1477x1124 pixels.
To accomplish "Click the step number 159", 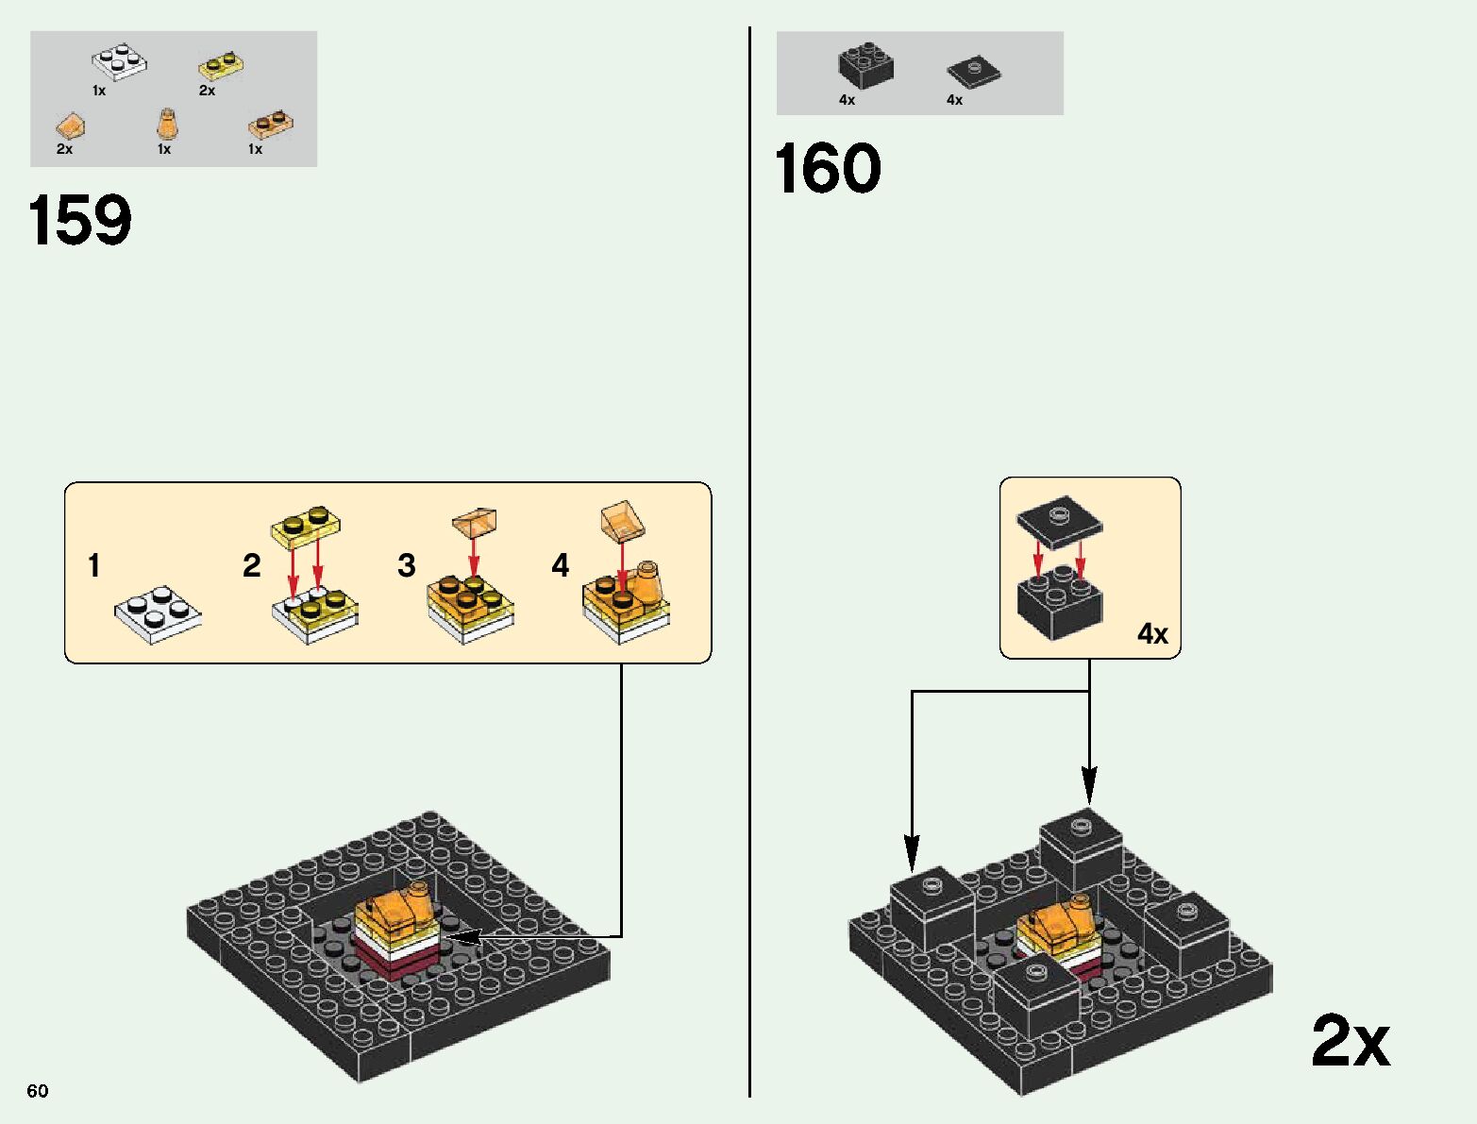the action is point(80,221).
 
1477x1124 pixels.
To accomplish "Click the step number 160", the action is point(828,170).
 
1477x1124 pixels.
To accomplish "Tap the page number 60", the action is point(38,1091).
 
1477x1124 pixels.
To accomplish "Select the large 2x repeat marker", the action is point(1350,1041).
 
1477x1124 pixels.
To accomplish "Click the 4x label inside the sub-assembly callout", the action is point(1152,633).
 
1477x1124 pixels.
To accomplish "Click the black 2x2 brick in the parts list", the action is point(865,66).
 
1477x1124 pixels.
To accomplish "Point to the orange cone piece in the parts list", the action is point(166,124).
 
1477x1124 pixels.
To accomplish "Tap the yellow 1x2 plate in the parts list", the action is point(223,67).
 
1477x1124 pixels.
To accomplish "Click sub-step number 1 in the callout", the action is point(93,566).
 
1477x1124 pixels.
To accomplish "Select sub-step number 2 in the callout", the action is point(251,566).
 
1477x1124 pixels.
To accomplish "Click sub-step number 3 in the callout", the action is point(406,566).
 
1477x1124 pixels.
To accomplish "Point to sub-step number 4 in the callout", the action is point(561,566).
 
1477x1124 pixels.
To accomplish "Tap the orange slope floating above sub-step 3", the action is point(474,521).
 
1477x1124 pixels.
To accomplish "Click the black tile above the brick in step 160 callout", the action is point(1059,519).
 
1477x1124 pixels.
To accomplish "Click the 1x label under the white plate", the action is point(99,92).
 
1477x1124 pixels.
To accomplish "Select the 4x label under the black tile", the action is point(954,100).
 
